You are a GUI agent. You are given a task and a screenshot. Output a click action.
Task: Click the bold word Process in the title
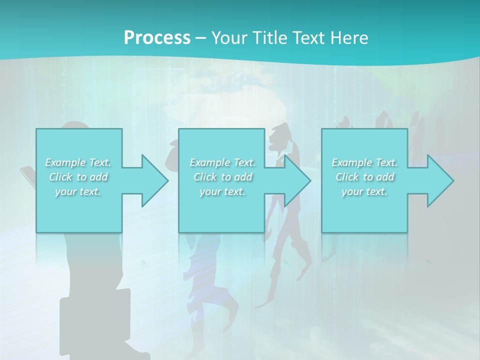click(157, 37)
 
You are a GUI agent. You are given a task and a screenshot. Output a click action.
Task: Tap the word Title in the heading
click(267, 37)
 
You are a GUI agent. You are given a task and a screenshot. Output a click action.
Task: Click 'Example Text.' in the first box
click(78, 162)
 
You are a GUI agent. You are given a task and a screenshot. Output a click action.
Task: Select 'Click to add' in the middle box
click(223, 177)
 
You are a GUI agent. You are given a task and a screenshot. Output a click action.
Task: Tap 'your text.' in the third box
click(364, 191)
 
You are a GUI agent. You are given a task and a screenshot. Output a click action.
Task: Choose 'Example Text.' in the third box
click(364, 162)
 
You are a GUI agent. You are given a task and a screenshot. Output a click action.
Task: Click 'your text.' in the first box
click(78, 191)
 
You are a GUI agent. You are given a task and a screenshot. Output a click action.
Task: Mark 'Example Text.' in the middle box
click(223, 162)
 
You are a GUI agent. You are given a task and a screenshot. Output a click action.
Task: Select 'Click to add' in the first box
click(78, 177)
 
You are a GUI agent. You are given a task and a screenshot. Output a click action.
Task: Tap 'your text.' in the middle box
click(223, 191)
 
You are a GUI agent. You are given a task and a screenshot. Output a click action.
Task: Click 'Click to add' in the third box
click(364, 177)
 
